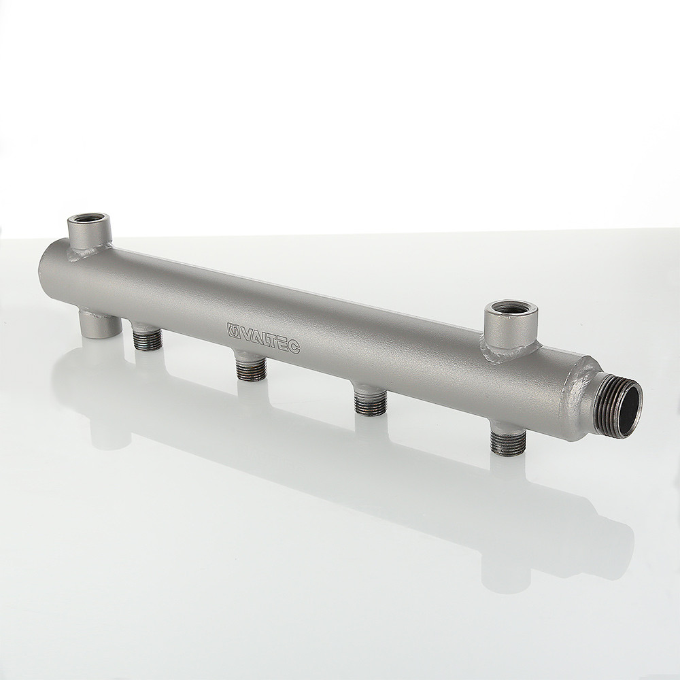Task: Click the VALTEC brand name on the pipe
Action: point(270,339)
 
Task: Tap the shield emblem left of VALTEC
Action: point(233,330)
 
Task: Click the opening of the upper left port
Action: point(89,218)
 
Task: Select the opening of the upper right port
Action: point(511,307)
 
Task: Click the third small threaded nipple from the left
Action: point(370,402)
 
